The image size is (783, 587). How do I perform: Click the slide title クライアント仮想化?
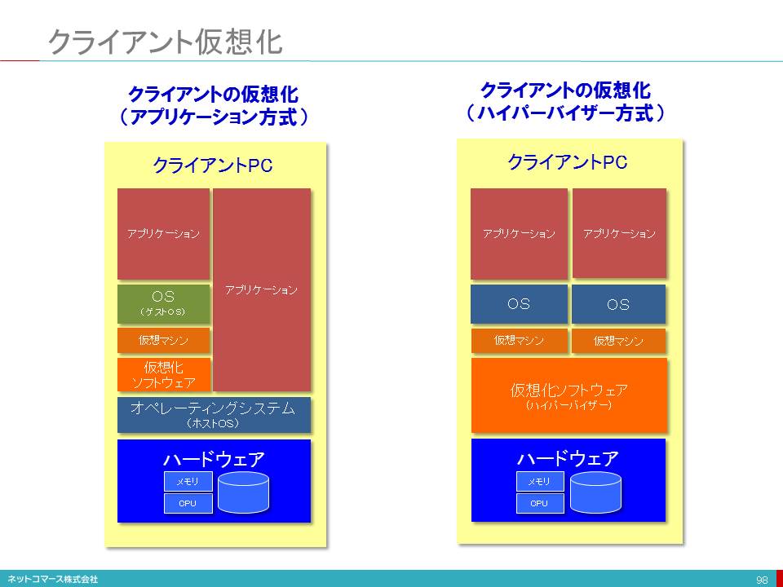[x=165, y=42]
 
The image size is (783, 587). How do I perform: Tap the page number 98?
[x=762, y=580]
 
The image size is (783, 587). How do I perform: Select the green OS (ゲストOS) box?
[x=163, y=302]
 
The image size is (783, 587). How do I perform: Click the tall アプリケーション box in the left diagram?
[x=262, y=289]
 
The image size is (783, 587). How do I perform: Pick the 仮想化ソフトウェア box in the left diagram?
[x=163, y=375]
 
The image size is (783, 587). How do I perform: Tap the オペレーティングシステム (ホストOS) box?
[x=214, y=415]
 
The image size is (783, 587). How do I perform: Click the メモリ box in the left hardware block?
[x=188, y=481]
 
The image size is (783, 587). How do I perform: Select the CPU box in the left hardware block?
[x=188, y=503]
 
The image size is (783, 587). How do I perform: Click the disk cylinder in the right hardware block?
[x=595, y=491]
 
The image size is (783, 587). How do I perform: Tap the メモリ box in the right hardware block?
[x=540, y=481]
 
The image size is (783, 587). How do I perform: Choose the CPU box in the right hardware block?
[x=540, y=503]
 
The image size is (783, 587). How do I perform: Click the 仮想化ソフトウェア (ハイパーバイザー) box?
[x=568, y=395]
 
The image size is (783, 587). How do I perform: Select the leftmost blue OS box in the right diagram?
[x=519, y=304]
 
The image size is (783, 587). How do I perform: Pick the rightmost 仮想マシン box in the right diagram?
[x=618, y=341]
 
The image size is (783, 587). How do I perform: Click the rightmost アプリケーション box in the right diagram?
[x=619, y=233]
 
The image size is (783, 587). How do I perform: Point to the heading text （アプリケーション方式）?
[x=213, y=117]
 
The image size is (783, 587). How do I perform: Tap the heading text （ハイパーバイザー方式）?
[x=565, y=112]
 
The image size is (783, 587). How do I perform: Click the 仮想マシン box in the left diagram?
[x=163, y=340]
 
